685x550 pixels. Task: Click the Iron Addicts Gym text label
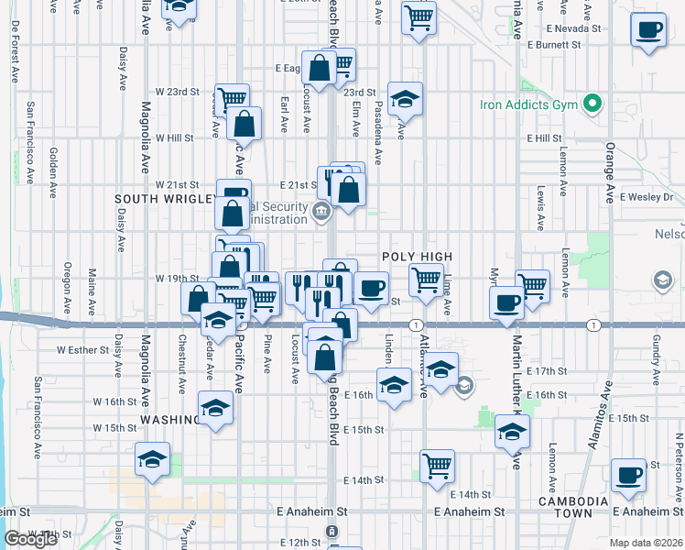(x=529, y=105)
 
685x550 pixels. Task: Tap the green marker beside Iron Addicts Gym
(x=593, y=104)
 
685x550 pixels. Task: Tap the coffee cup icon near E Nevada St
(x=648, y=29)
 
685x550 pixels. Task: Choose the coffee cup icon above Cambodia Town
(x=629, y=475)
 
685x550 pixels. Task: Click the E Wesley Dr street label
(x=647, y=197)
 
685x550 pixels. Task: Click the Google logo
(x=30, y=540)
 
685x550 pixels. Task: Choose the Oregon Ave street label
(x=67, y=288)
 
